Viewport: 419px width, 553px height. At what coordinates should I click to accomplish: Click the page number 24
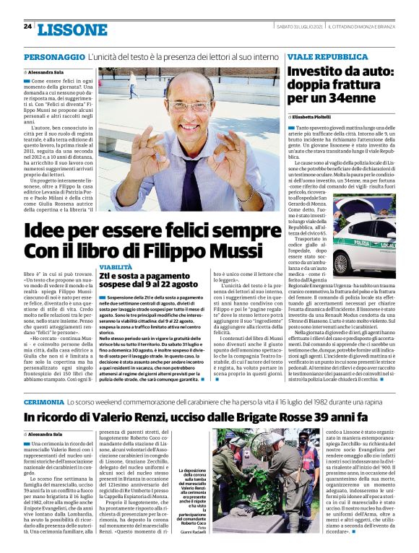coord(27,26)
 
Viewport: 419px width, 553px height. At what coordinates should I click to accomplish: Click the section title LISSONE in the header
coord(72,29)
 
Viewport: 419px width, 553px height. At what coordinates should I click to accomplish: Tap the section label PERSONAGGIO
coord(54,56)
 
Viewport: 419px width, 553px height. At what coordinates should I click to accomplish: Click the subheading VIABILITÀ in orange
coord(115,267)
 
